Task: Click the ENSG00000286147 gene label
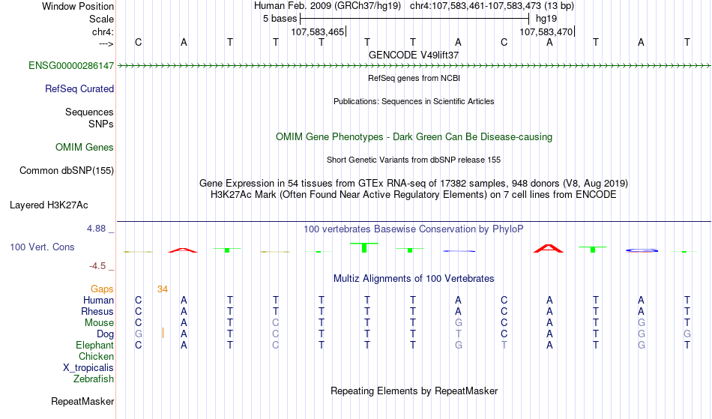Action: (x=71, y=66)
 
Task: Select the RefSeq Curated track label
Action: (x=79, y=89)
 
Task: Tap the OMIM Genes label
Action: (x=85, y=148)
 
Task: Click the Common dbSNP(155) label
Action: (x=67, y=171)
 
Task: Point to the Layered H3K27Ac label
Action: (x=49, y=205)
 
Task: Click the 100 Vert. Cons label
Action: (x=42, y=247)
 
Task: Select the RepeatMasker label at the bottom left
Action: (x=82, y=401)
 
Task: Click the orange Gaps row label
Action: (x=102, y=289)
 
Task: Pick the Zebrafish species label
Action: (x=94, y=379)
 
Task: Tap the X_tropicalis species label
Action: (x=88, y=368)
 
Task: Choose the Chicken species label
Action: (x=96, y=356)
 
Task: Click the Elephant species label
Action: (x=95, y=346)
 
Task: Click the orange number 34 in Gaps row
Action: (x=163, y=289)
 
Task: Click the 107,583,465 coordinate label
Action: (x=318, y=32)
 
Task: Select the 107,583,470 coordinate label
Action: (x=546, y=32)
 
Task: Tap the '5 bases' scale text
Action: (x=280, y=19)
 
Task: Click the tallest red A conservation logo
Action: (x=549, y=249)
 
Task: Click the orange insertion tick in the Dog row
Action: (x=163, y=334)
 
